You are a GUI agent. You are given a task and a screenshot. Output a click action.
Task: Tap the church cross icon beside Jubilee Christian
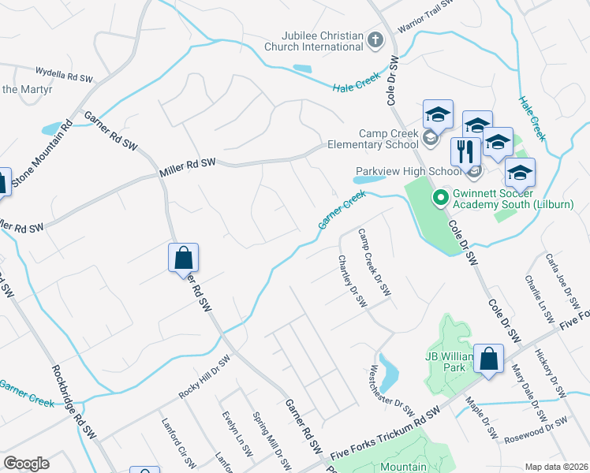click(375, 40)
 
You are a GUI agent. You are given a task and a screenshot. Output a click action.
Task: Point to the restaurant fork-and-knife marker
click(465, 151)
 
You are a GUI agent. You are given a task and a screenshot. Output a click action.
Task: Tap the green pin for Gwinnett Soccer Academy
click(441, 199)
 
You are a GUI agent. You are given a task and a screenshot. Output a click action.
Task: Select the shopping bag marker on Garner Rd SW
click(183, 258)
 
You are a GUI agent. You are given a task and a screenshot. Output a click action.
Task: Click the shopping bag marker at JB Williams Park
click(489, 359)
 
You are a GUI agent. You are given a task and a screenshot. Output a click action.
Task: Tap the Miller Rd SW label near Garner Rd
click(187, 162)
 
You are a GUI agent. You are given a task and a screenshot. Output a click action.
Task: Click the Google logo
click(26, 464)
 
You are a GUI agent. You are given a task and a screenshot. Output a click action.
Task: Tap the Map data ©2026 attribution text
click(556, 467)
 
